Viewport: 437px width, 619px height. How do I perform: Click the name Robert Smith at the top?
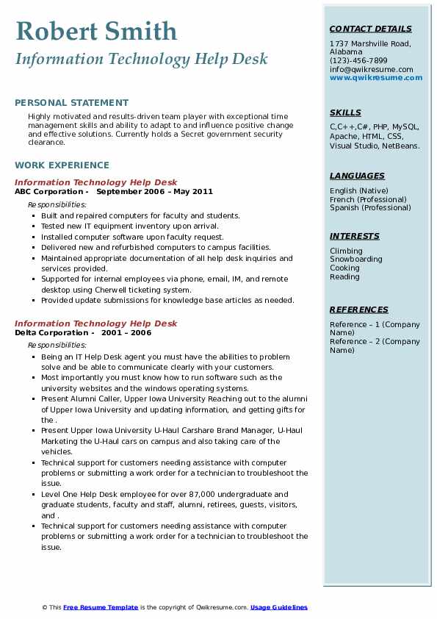click(96, 31)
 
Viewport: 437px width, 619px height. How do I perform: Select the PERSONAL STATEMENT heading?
click(71, 103)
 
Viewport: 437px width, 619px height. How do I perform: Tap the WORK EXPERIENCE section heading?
click(62, 165)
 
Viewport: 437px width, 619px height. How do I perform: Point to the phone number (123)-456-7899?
click(358, 61)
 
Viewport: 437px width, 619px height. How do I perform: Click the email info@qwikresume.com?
click(371, 70)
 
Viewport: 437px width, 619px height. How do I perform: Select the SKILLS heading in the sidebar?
click(345, 113)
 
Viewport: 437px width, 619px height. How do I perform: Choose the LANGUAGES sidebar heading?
click(357, 176)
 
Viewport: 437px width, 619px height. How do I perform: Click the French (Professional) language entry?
click(366, 199)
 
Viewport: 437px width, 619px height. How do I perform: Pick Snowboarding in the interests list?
click(355, 260)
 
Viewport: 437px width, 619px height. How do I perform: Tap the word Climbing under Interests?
click(346, 251)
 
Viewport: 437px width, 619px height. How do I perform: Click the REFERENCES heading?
click(358, 310)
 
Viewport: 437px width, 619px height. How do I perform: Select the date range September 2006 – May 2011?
click(154, 192)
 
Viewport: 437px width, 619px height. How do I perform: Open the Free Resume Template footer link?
click(101, 607)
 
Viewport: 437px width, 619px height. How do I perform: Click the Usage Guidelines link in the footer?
click(278, 607)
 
